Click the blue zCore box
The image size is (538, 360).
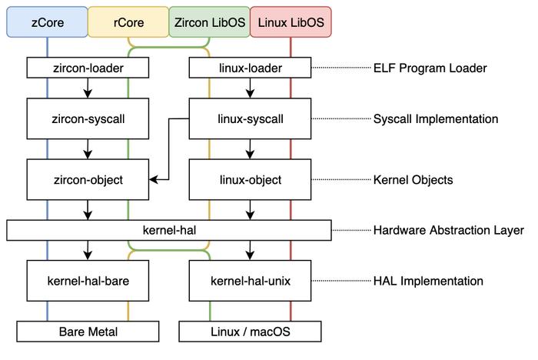48,22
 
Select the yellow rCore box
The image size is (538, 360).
128,22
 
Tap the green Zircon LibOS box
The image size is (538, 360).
210,22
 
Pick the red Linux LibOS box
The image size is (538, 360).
291,22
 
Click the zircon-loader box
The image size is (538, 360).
88,68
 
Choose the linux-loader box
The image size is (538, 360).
250,68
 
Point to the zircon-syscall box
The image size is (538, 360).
88,118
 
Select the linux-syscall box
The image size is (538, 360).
250,118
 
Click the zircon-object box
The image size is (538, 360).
88,179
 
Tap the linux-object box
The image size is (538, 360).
250,179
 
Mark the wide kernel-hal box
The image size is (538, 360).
169,230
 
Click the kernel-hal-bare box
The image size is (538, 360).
88,281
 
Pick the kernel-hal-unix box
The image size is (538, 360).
250,281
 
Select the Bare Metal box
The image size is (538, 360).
88,332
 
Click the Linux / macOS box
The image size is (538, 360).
250,332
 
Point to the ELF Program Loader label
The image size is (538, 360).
430,68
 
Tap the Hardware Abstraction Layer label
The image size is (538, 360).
448,230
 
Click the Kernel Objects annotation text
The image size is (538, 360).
413,180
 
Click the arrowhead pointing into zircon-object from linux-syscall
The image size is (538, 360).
154,179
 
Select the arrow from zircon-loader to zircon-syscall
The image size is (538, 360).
88,88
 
